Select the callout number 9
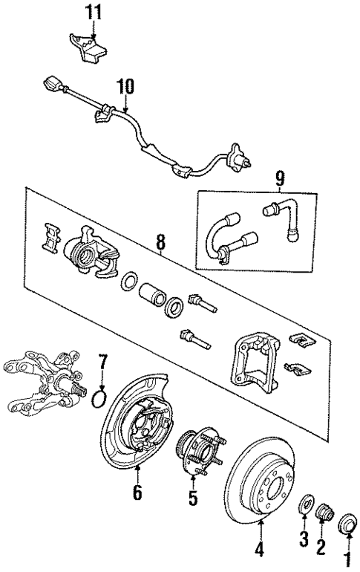pos(280,178)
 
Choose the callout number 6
pos(138,492)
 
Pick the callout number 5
pos(193,499)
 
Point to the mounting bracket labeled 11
pos(88,46)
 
